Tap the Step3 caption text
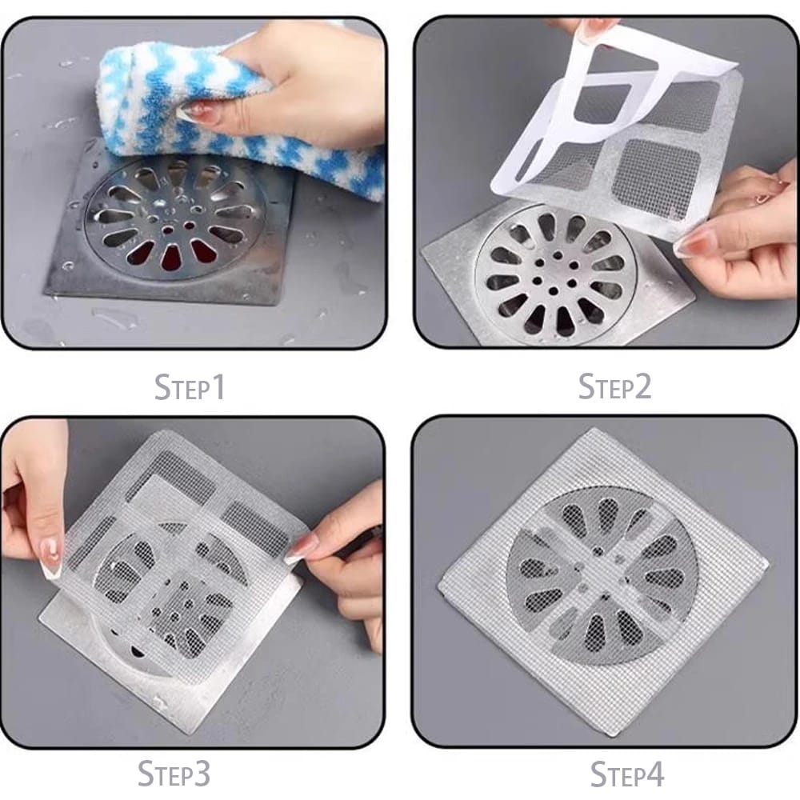pos(174,774)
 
